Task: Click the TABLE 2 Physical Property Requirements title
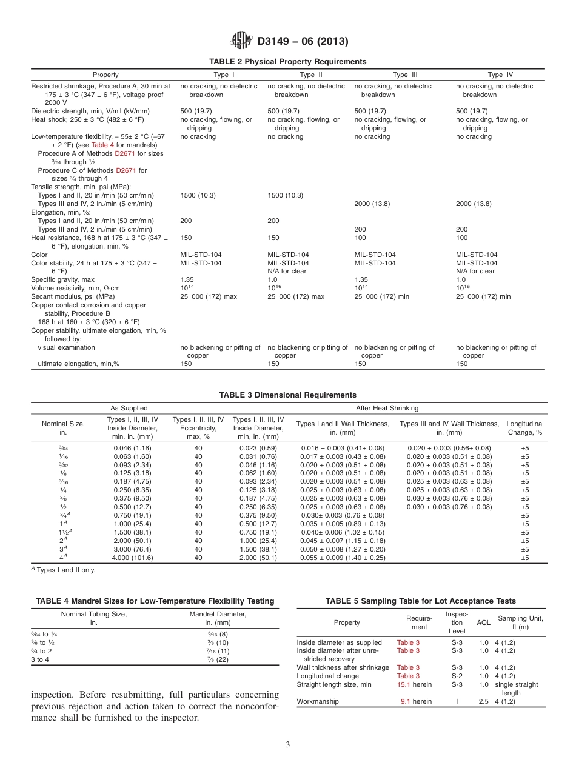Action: coord(287,62)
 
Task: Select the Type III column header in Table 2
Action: coord(401,75)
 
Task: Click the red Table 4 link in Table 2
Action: coord(102,145)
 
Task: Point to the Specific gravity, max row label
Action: coord(63,280)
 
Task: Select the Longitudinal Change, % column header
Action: coord(524,428)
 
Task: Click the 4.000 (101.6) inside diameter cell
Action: coord(132,558)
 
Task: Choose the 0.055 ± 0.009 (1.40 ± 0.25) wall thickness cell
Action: coord(343,558)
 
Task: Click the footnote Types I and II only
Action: coord(67,570)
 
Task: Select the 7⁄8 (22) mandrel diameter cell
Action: coord(217,660)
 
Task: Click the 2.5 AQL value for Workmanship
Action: coord(483,701)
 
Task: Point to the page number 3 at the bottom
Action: coord(288,745)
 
